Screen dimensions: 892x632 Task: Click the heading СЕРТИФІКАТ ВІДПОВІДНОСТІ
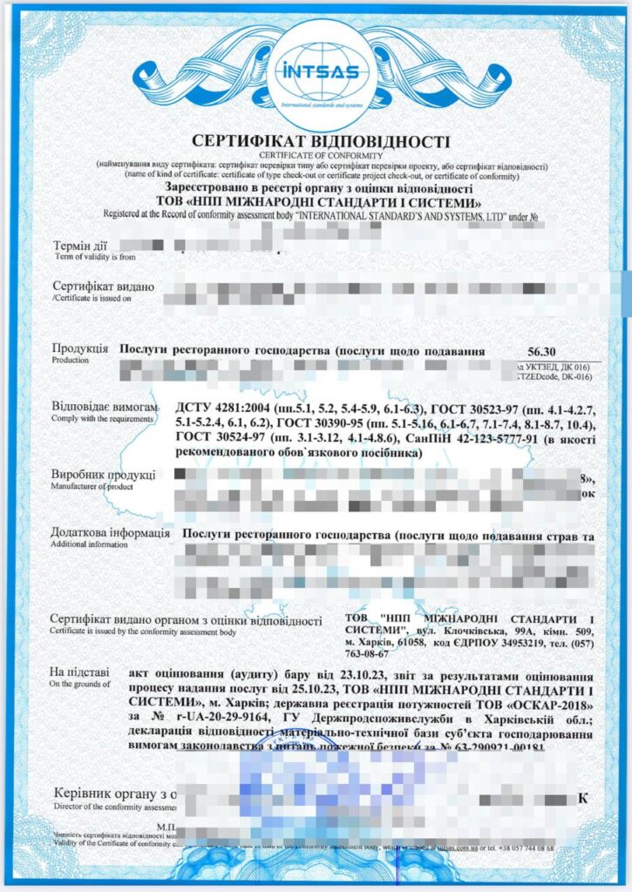[316, 141]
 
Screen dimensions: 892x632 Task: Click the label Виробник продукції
[105, 475]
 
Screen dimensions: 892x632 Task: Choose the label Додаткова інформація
[111, 533]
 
